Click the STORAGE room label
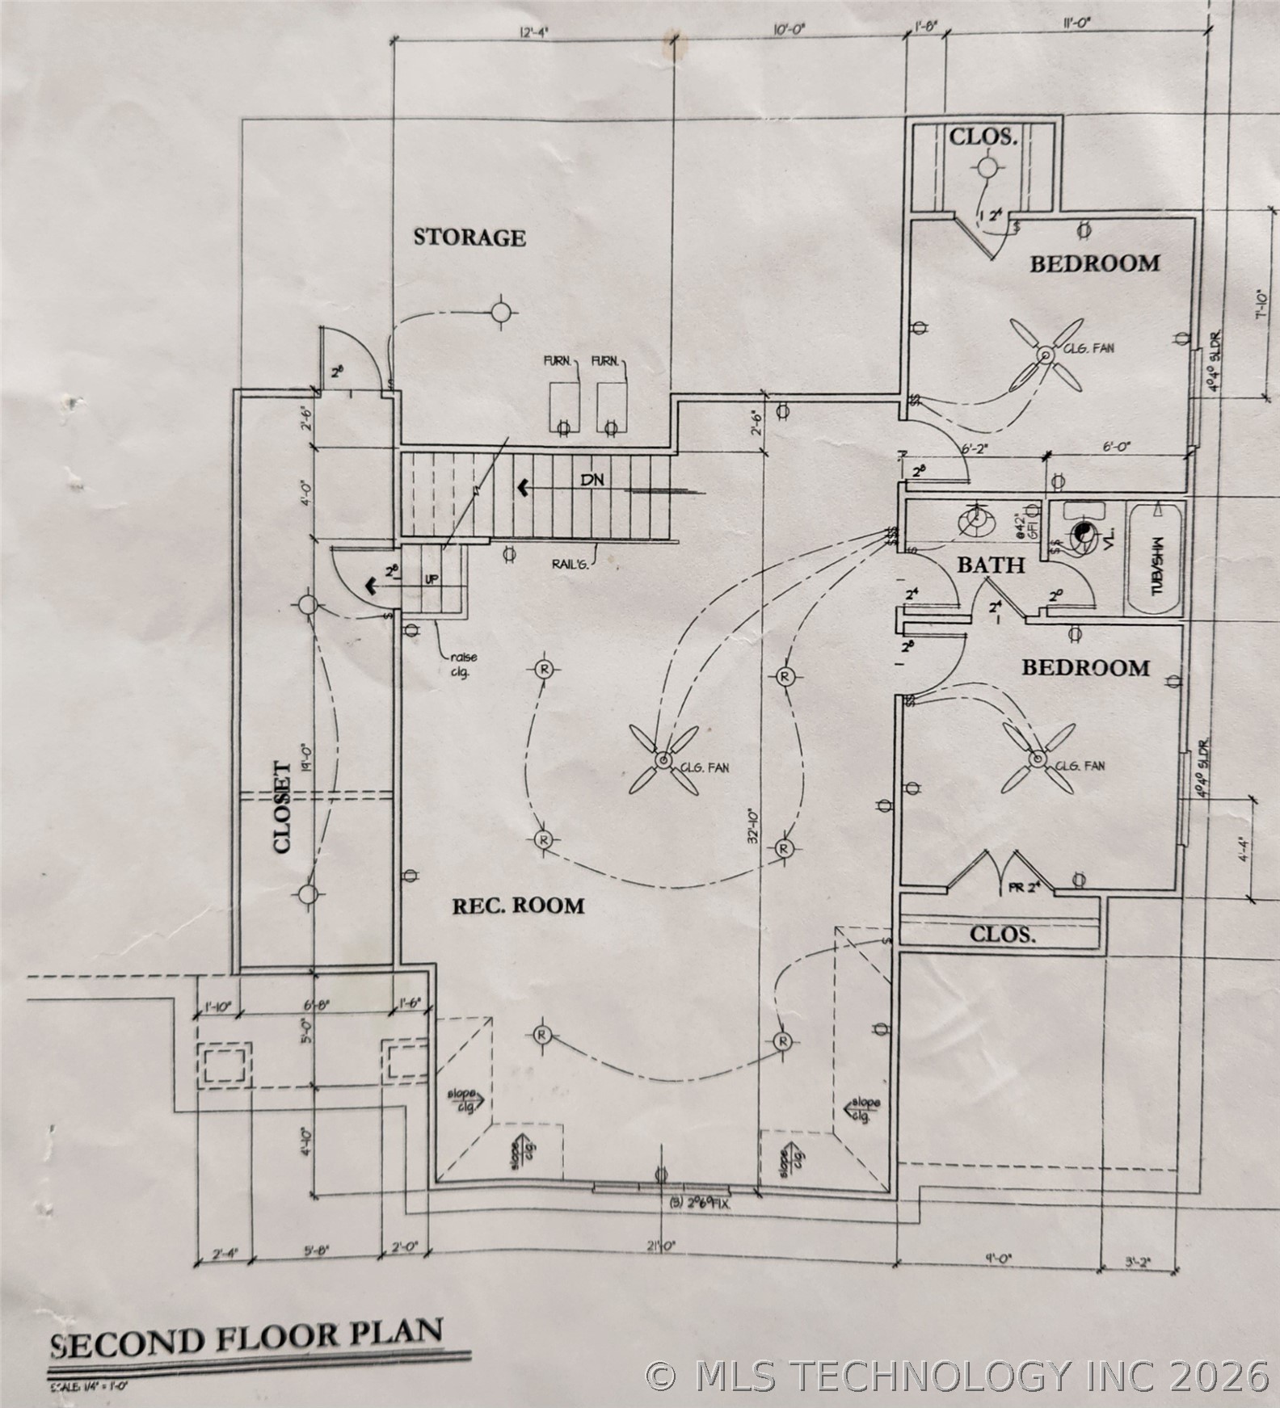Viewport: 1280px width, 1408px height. coord(469,237)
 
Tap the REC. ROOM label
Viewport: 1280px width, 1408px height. coord(518,906)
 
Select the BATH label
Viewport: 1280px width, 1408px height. coord(991,565)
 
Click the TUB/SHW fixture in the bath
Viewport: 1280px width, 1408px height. coord(1156,561)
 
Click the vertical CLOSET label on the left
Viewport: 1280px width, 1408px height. coord(281,807)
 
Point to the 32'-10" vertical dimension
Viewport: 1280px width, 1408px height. coord(752,826)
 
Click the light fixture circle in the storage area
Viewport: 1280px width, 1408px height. coord(502,312)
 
